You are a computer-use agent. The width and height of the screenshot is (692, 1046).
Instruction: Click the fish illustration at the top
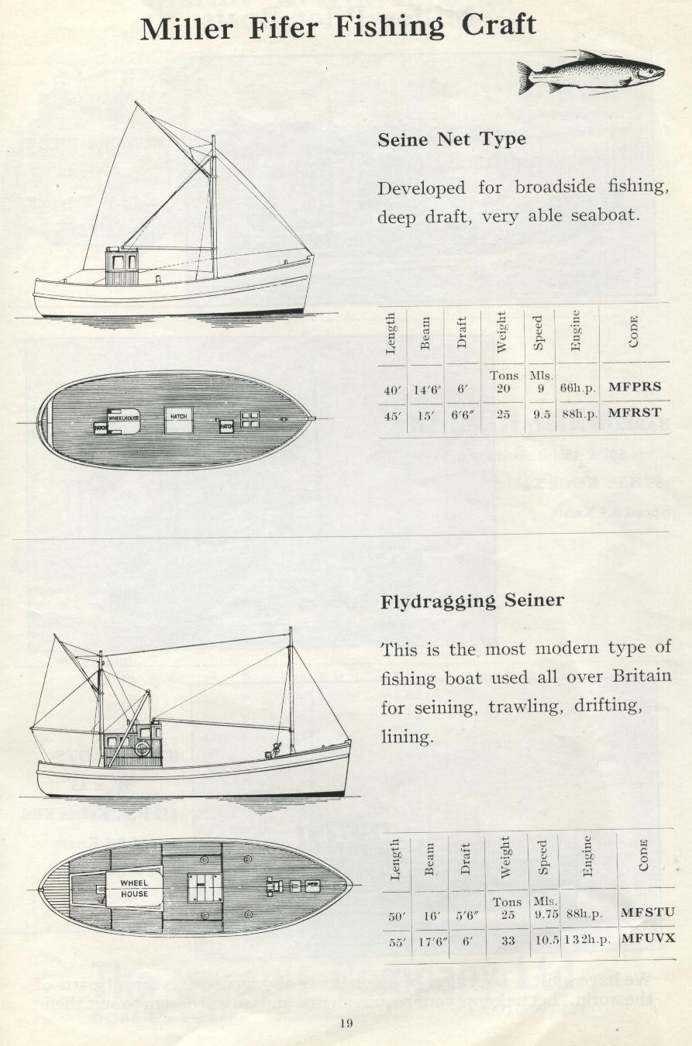pos(590,72)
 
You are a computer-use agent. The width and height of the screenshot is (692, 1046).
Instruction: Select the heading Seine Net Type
pos(452,140)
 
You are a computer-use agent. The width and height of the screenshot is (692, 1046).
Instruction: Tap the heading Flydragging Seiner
pos(472,601)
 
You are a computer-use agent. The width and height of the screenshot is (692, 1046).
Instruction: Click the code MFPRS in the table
pos(635,387)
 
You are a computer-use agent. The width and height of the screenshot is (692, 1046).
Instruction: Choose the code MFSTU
pos(648,913)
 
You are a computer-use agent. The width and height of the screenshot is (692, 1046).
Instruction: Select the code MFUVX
pos(648,938)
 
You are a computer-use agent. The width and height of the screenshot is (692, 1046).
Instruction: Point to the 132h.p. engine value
pos(587,939)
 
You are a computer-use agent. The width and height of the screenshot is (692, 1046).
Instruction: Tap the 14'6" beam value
pos(425,389)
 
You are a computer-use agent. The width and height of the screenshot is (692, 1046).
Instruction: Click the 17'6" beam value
pos(429,939)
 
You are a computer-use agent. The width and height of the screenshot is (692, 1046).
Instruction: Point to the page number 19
pos(346,1024)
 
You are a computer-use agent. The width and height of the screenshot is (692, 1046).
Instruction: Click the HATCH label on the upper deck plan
pos(178,417)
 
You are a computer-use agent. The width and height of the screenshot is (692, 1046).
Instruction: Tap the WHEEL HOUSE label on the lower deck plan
pos(134,888)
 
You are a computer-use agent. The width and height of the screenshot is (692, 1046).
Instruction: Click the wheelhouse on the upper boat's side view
pos(121,267)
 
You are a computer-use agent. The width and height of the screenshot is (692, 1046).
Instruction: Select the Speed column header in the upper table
pos(538,332)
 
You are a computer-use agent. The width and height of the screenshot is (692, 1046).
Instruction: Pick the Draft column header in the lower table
pos(466,858)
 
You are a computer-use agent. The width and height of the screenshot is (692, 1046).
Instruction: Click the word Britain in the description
pos(642,676)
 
